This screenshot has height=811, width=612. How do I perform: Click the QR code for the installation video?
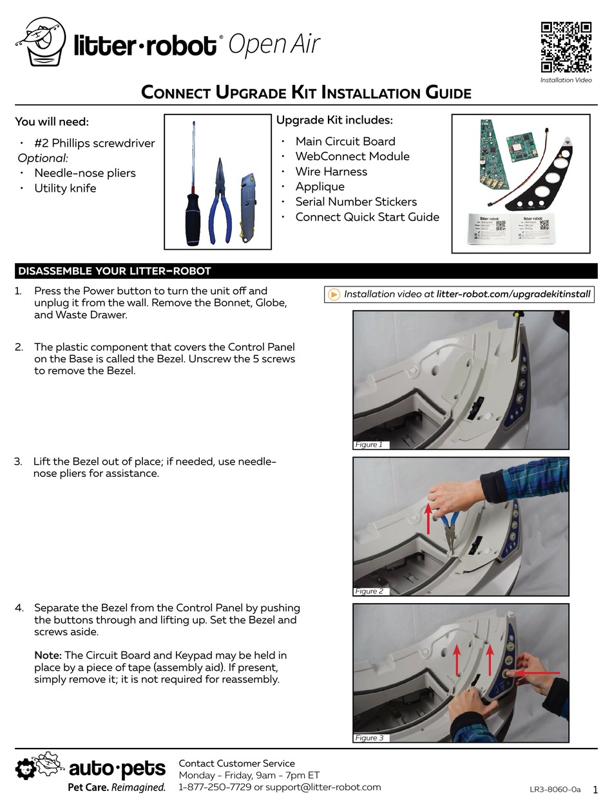tap(566, 47)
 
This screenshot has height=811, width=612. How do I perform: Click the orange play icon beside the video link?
tap(334, 294)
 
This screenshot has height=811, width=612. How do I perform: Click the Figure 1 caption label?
tap(369, 445)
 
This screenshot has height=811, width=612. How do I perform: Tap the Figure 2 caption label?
tap(369, 592)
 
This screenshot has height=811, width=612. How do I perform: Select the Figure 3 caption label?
tap(369, 738)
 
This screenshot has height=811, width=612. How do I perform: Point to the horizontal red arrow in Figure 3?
tap(537, 673)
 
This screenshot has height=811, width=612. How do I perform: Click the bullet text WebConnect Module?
tap(352, 156)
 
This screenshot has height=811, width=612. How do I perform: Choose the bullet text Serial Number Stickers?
tap(356, 201)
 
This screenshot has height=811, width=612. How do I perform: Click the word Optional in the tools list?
tap(43, 158)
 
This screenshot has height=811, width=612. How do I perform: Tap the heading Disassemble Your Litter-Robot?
tap(115, 271)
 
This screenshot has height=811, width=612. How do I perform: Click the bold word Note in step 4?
tap(48, 655)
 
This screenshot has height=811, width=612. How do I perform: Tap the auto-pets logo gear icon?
tap(26, 769)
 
